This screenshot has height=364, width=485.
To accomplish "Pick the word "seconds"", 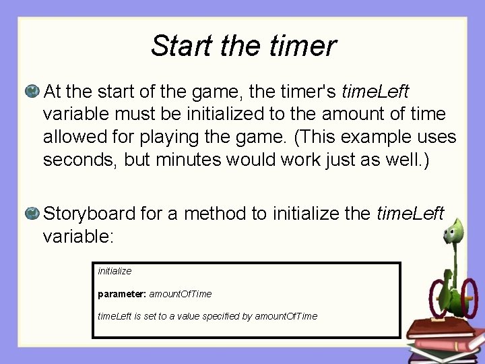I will point(74,161).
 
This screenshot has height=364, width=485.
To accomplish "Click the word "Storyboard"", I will point(90,214).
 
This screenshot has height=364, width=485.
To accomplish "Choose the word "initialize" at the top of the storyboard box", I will point(115,271).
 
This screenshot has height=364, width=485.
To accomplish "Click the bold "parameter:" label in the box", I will point(122,294).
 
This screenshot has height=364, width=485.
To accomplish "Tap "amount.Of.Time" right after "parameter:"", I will point(180,294).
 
